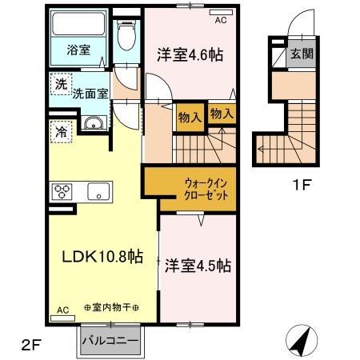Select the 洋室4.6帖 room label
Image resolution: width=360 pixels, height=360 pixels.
tap(190, 56)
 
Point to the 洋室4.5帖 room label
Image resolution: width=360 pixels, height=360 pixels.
tap(199, 265)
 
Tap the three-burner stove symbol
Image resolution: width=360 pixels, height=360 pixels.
tap(62, 192)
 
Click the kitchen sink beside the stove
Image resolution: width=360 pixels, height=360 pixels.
tap(98, 192)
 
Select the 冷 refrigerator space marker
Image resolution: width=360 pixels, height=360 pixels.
tap(61, 132)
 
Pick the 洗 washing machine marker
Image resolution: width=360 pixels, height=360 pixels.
tap(61, 83)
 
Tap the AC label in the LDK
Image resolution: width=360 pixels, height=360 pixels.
tap(62, 309)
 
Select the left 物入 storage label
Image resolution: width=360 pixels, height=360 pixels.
tap(189, 117)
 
